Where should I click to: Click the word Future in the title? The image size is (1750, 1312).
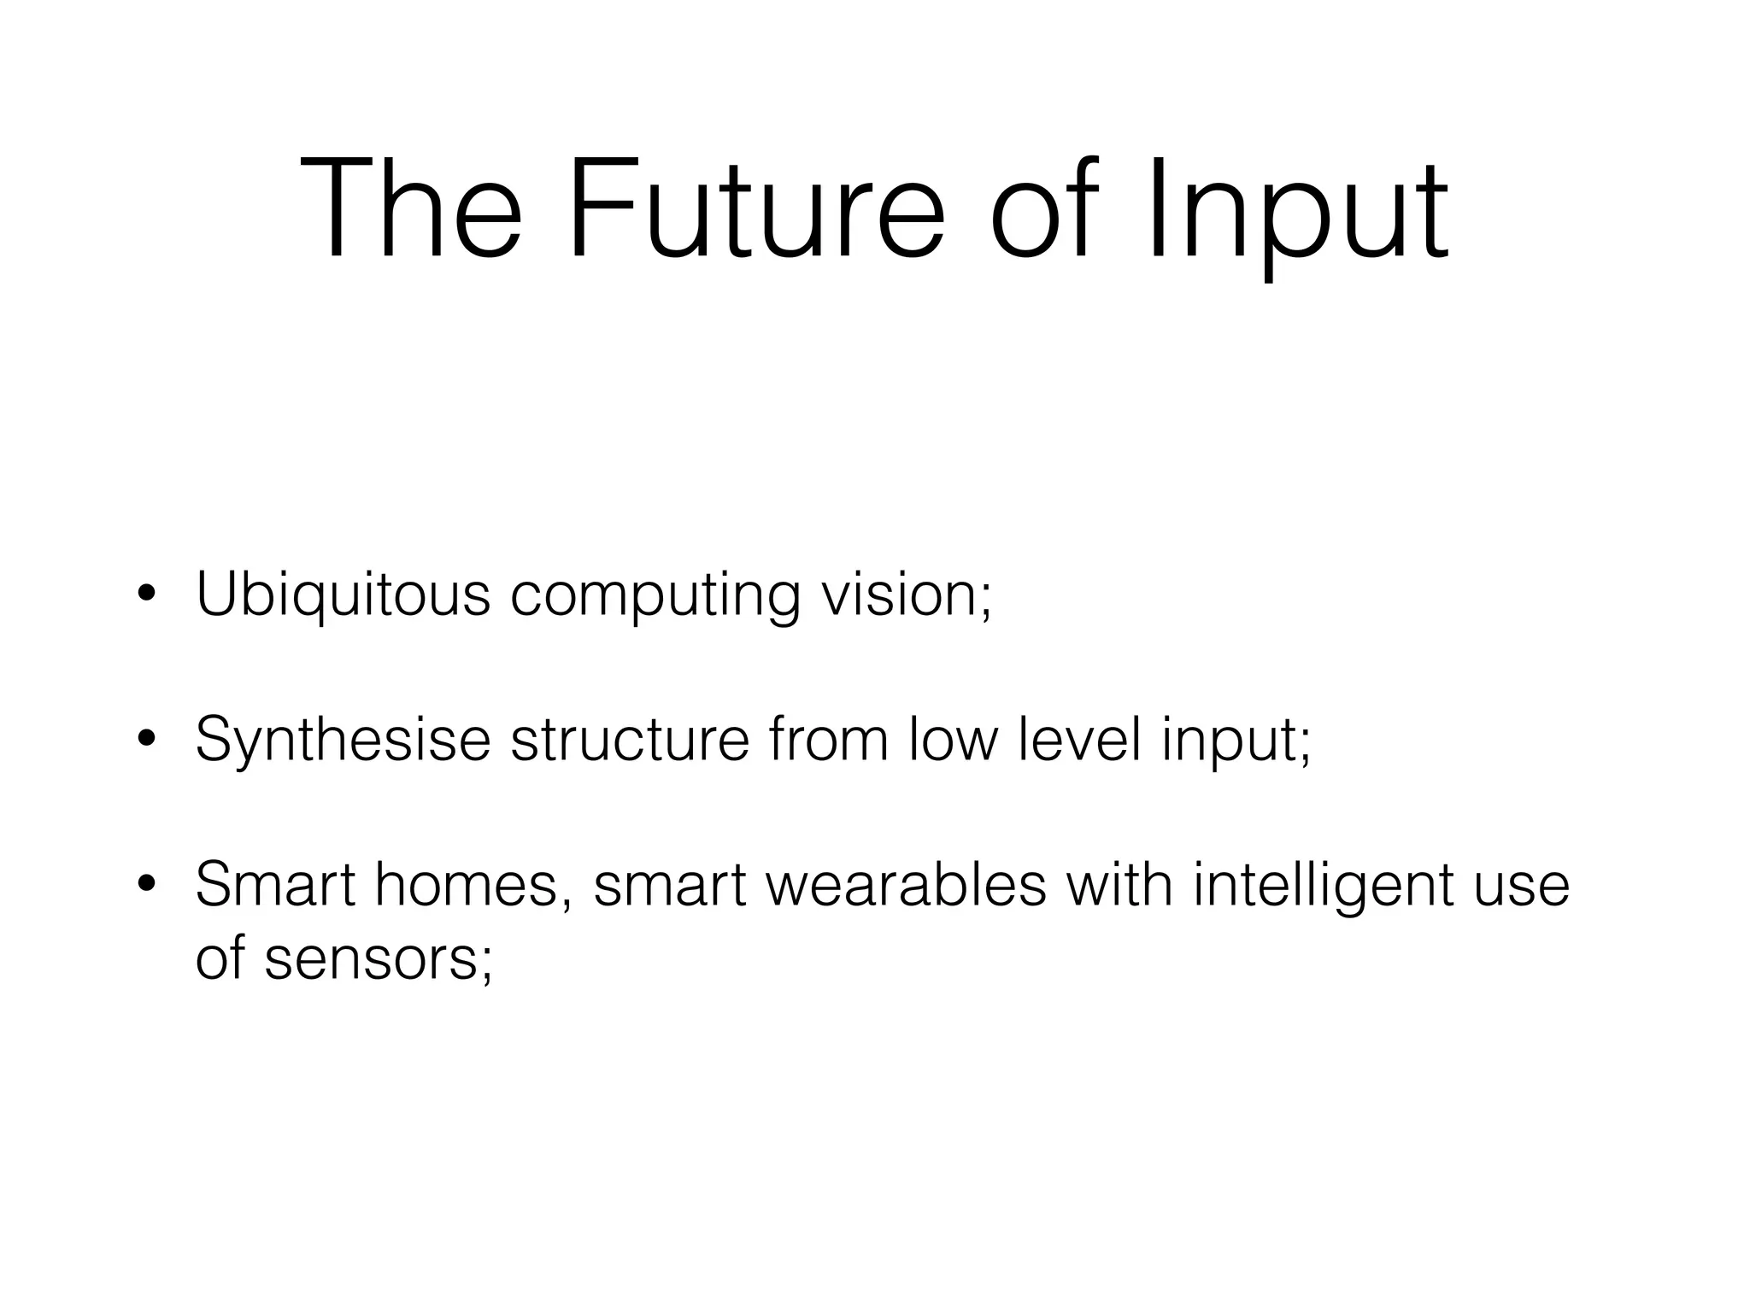coord(756,210)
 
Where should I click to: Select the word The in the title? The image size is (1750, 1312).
coord(410,210)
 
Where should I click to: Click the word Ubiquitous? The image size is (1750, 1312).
coord(343,594)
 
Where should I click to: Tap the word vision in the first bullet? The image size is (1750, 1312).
coord(897,594)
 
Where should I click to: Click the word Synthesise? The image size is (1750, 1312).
coord(343,740)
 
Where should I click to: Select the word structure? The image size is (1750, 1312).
coord(630,740)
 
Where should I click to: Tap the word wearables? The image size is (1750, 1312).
coord(907,885)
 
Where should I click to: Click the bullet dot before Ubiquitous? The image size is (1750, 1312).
coord(147,595)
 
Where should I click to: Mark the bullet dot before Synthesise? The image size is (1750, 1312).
coord(147,741)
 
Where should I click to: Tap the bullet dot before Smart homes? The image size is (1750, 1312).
coord(147,886)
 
